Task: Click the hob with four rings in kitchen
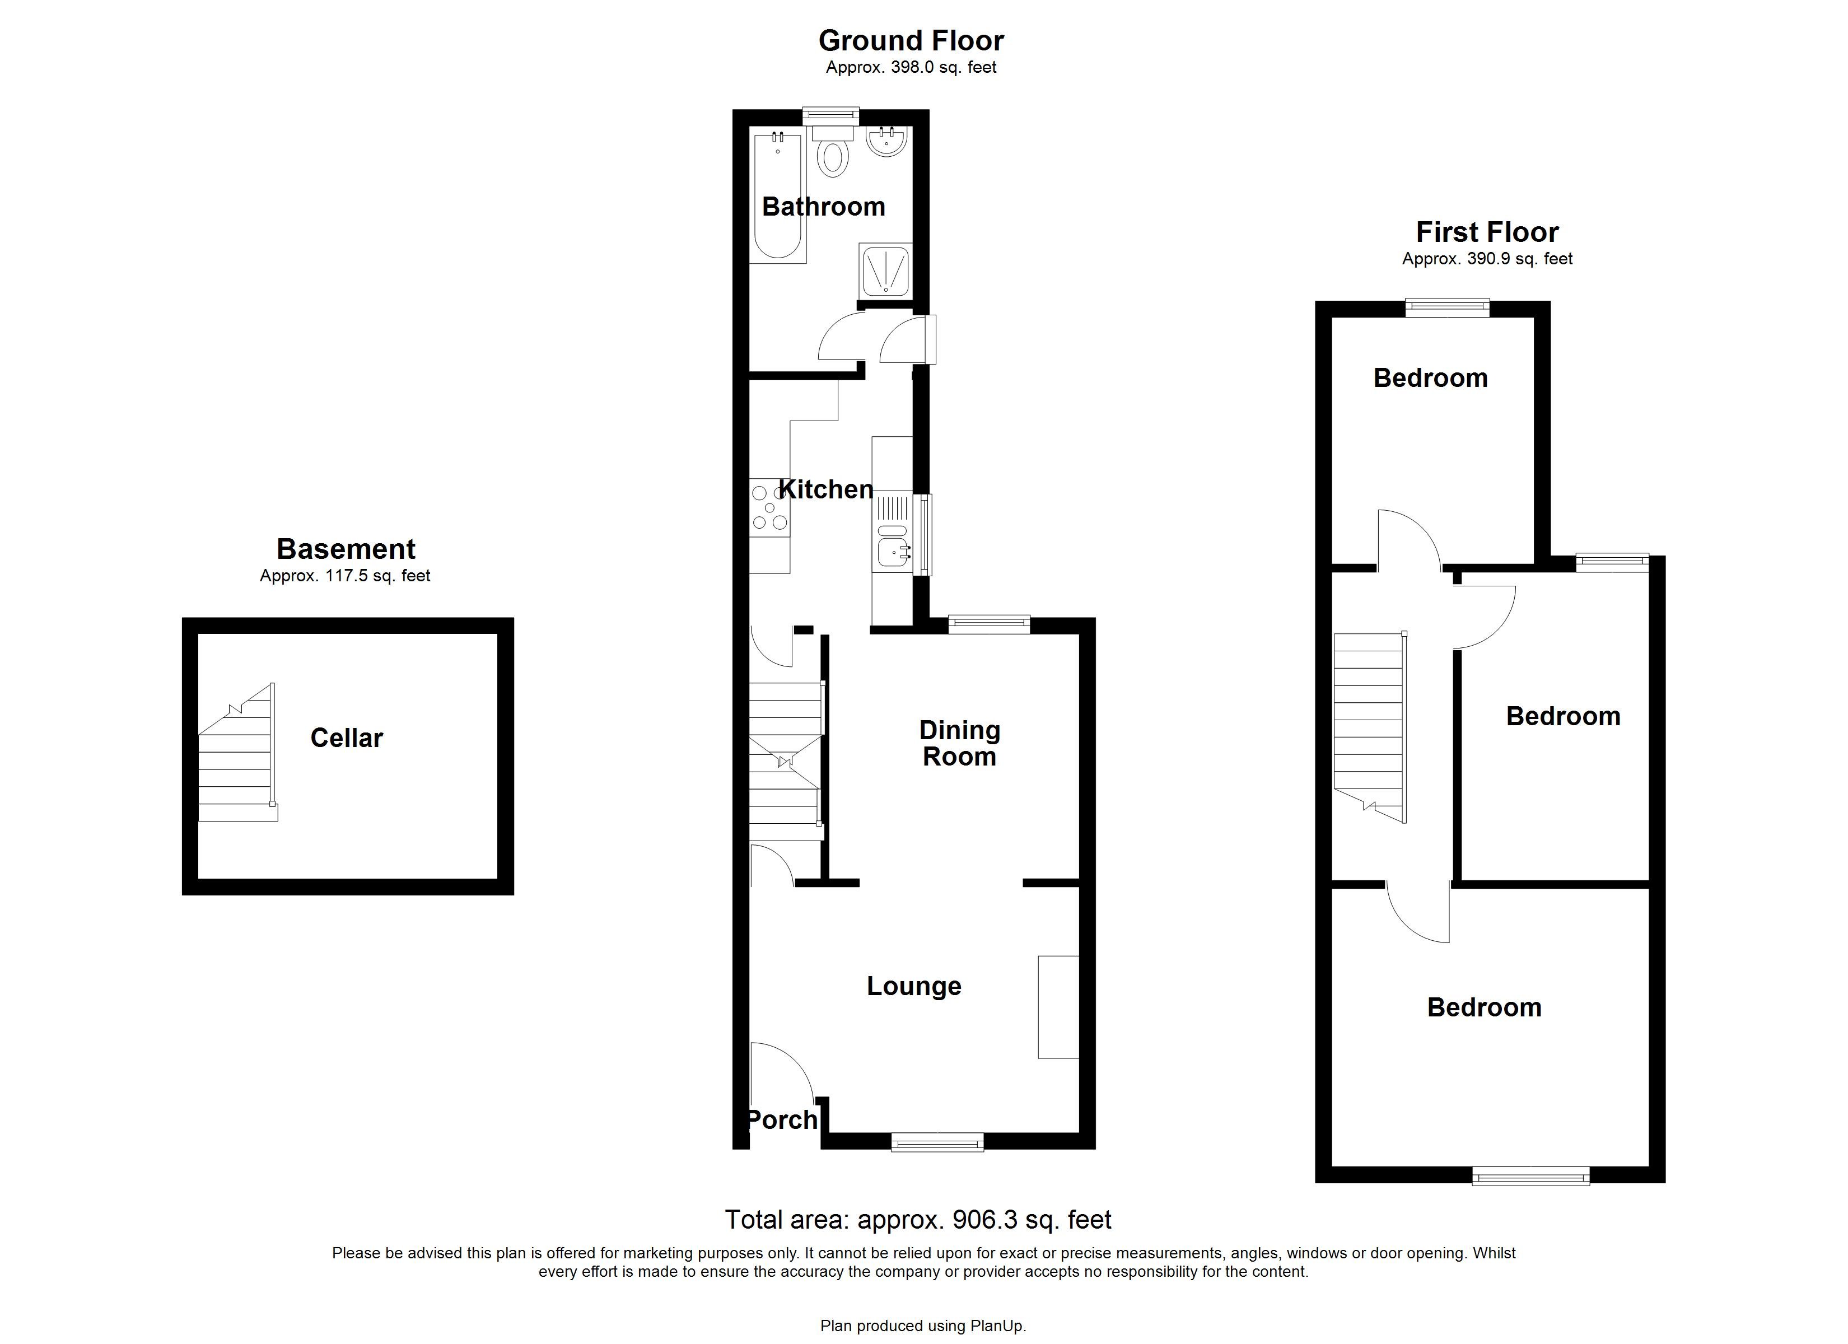pyautogui.click(x=769, y=507)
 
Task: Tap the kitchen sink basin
pyautogui.click(x=893, y=553)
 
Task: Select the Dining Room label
pyautogui.click(x=959, y=743)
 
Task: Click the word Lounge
pyautogui.click(x=913, y=986)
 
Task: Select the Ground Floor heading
pyautogui.click(x=911, y=40)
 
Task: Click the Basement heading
pyautogui.click(x=346, y=549)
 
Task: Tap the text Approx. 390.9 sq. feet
pyautogui.click(x=1487, y=259)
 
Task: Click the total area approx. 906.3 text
pyautogui.click(x=917, y=1219)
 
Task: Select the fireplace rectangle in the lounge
pyautogui.click(x=1058, y=1006)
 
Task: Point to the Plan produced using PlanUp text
pyautogui.click(x=922, y=1326)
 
